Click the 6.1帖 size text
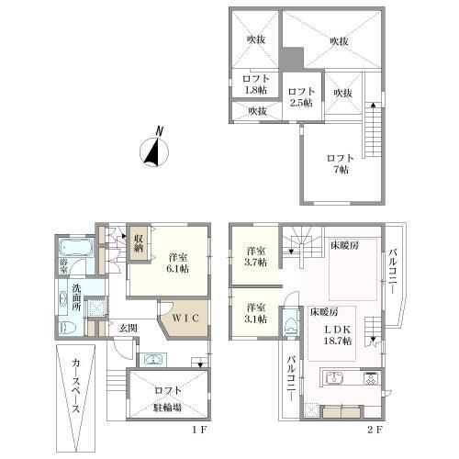coord(177,269)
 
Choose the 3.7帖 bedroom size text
coord(254,263)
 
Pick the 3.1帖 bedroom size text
coord(254,319)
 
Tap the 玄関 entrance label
coord(127,328)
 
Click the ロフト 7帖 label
coord(341,164)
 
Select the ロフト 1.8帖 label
coord(255,85)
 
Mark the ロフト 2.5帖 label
coord(300,97)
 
